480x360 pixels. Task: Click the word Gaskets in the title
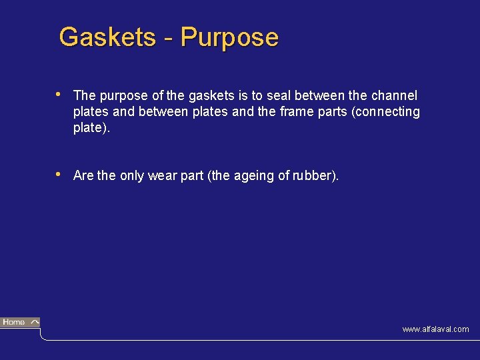(x=107, y=37)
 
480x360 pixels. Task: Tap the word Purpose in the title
(x=229, y=38)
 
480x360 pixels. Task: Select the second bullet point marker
(x=59, y=174)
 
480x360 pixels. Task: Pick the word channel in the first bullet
(x=394, y=96)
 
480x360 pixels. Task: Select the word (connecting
(x=386, y=112)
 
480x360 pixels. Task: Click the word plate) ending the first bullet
(x=91, y=128)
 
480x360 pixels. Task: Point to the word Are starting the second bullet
(x=83, y=176)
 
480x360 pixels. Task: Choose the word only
(x=132, y=176)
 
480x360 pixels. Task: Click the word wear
(x=163, y=176)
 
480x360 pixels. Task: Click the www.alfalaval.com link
(x=435, y=329)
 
